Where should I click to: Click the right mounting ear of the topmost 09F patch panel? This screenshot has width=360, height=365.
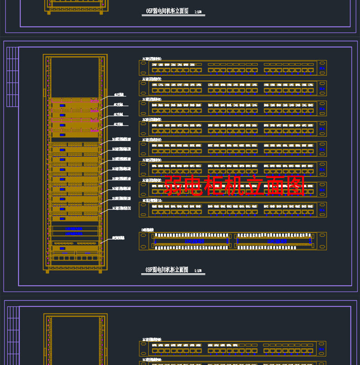pyautogui.click(x=323, y=68)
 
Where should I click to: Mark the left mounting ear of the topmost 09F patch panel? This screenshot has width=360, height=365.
pyautogui.click(x=143, y=68)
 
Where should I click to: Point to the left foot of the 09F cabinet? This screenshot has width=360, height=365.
pyautogui.click(x=47, y=271)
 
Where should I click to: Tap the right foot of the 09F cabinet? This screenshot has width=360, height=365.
pyautogui.click(x=100, y=271)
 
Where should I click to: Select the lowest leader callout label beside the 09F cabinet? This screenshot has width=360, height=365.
pyautogui.click(x=118, y=238)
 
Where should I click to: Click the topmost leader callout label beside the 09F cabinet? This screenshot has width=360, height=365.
pyautogui.click(x=119, y=94)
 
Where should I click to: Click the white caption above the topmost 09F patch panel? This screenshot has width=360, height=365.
pyautogui.click(x=152, y=59)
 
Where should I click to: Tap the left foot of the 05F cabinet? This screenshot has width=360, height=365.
pyautogui.click(x=48, y=12)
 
